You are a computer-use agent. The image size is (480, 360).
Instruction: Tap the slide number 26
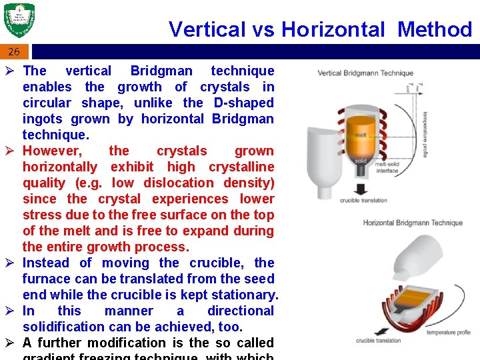pyautogui.click(x=14, y=51)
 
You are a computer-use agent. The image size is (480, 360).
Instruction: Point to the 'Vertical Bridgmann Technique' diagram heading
pyautogui.click(x=365, y=73)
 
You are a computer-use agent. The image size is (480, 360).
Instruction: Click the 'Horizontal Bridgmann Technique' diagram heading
pyautogui.click(x=412, y=223)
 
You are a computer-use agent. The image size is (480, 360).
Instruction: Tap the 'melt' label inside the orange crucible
pyautogui.click(x=361, y=135)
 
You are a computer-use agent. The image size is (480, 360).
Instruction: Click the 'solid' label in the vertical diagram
pyautogui.click(x=360, y=161)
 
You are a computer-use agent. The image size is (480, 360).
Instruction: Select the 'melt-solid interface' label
pyautogui.click(x=387, y=167)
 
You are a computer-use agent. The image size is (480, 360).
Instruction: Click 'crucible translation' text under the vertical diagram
pyautogui.click(x=363, y=201)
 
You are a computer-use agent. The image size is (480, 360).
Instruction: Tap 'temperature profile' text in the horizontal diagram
pyautogui.click(x=449, y=332)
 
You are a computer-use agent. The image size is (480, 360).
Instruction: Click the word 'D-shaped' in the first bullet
pyautogui.click(x=243, y=103)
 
